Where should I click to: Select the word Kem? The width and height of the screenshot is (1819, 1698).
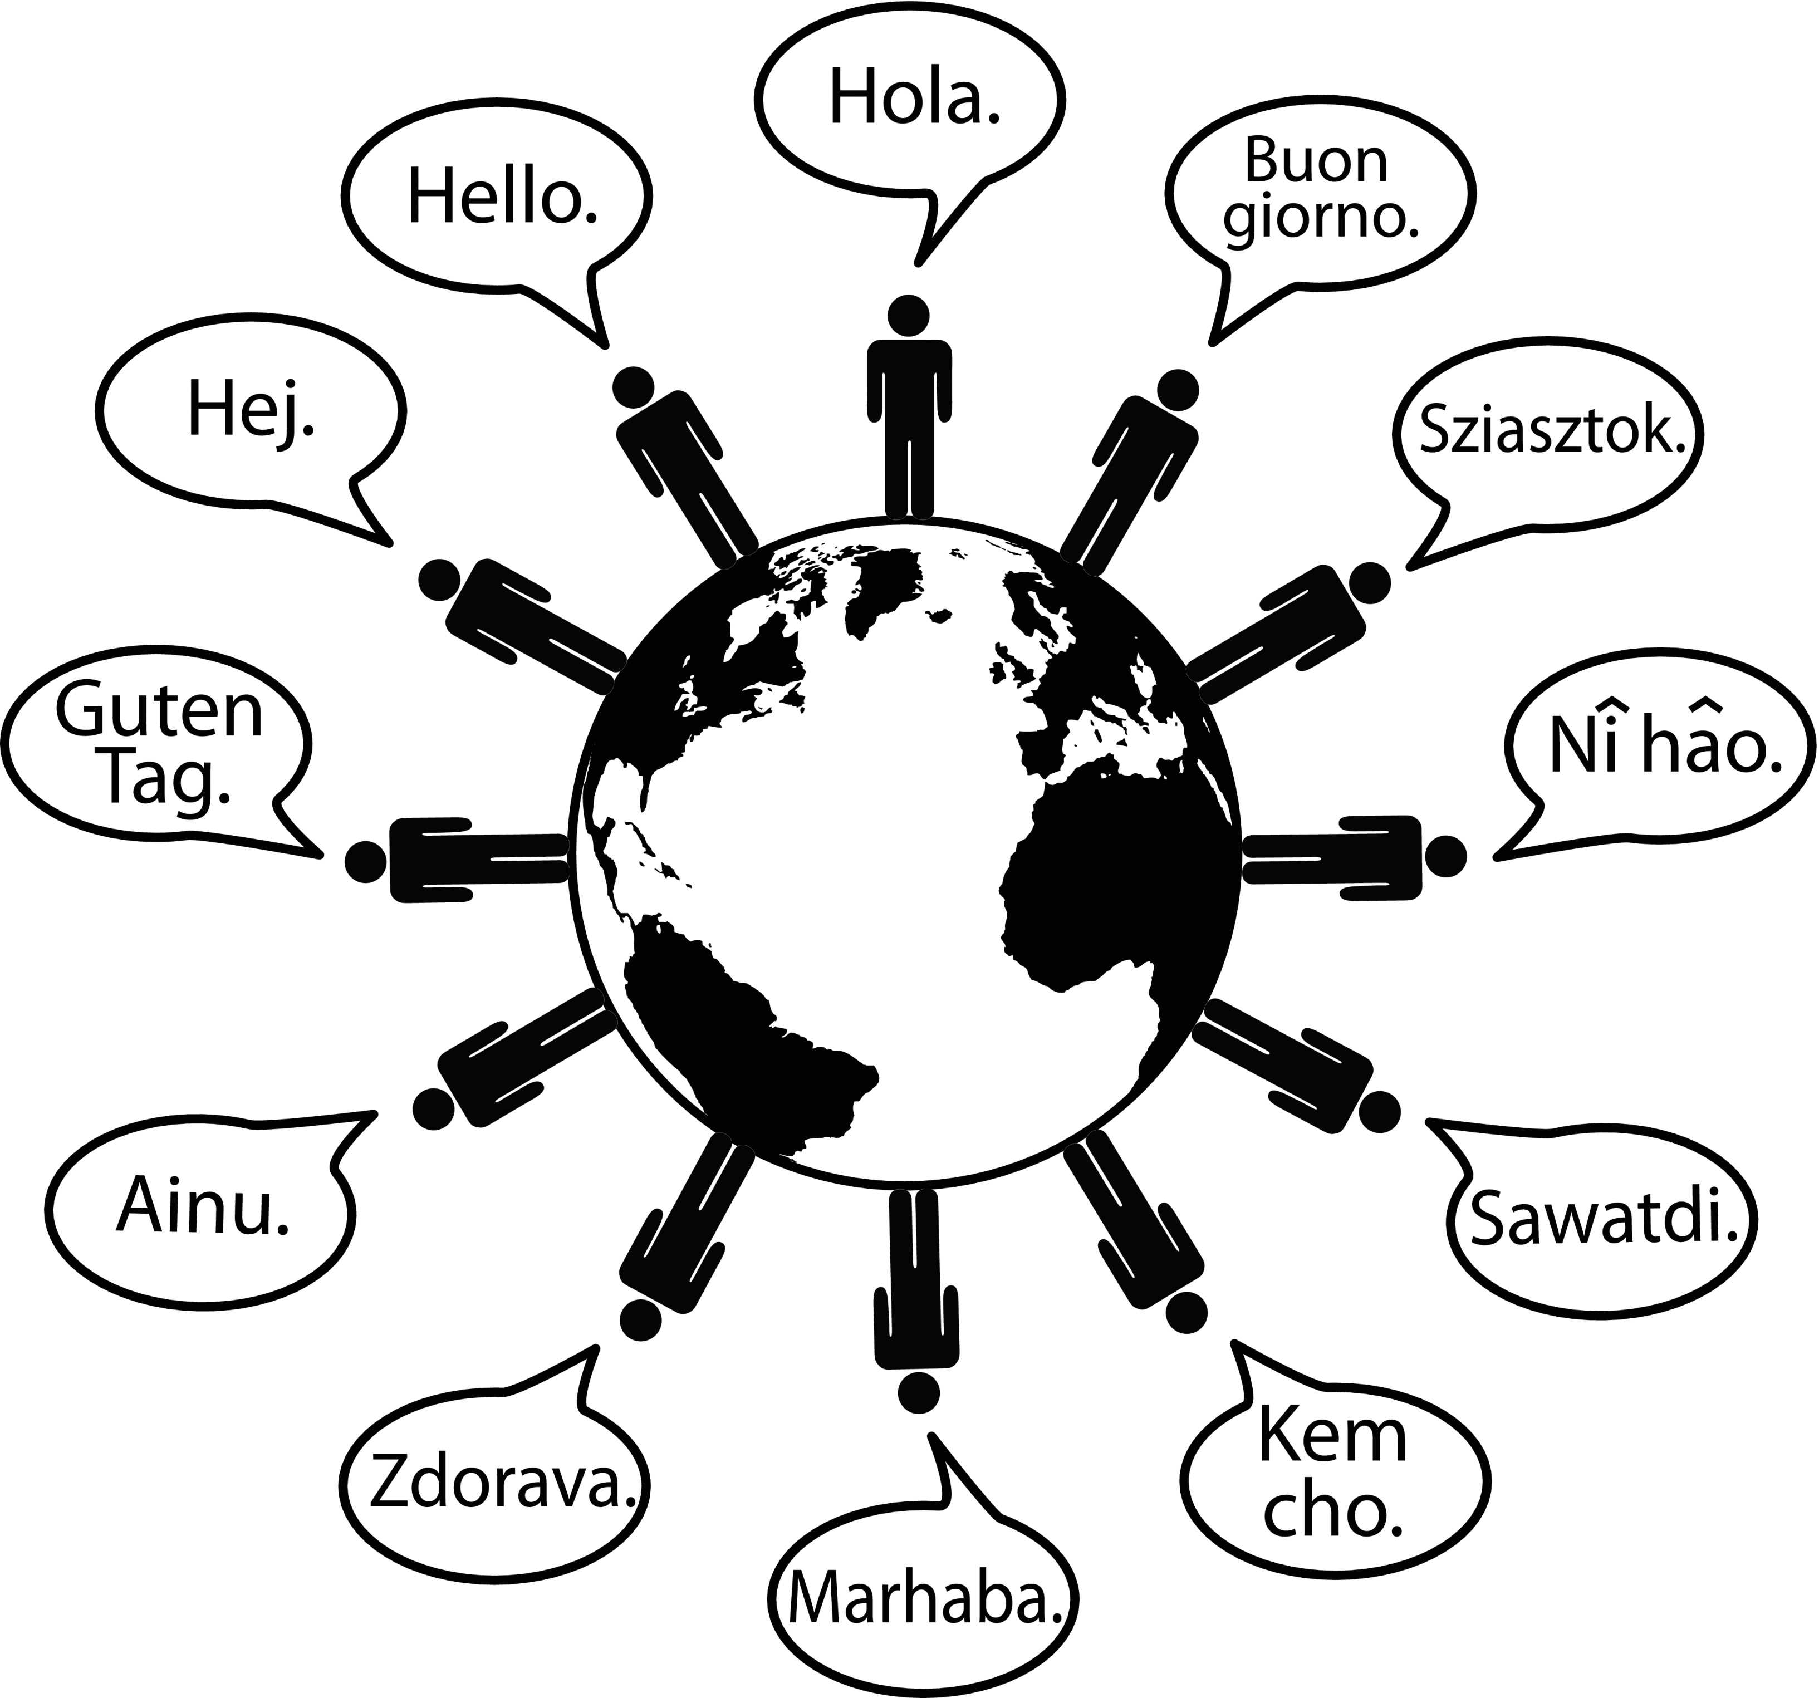tap(1332, 1435)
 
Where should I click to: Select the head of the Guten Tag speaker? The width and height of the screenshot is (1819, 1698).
tap(365, 861)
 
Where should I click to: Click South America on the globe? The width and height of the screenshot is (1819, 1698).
tap(732, 1025)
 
